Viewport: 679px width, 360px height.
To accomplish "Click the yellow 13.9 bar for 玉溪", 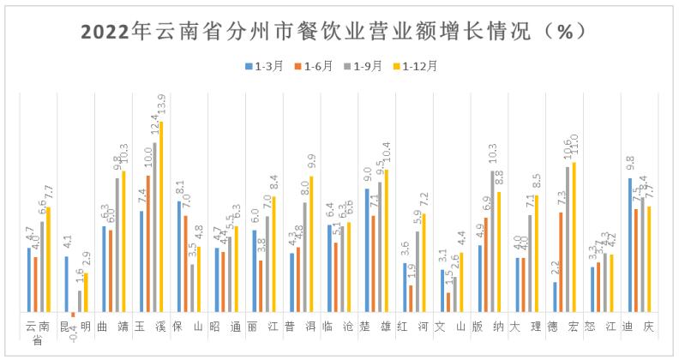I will tap(160, 217).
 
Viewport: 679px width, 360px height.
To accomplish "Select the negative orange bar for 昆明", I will tap(73, 315).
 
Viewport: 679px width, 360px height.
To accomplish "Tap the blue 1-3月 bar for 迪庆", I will tap(630, 246).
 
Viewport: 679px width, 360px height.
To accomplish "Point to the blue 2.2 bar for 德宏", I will tap(555, 297).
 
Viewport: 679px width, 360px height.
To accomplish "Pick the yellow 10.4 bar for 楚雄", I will tap(386, 241).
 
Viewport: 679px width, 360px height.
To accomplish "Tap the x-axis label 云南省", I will tap(37, 333).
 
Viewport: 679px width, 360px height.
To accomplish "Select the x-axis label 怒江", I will tap(601, 327).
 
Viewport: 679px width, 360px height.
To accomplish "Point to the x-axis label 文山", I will tap(450, 327).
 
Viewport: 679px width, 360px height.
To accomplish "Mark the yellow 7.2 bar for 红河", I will tap(424, 263).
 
